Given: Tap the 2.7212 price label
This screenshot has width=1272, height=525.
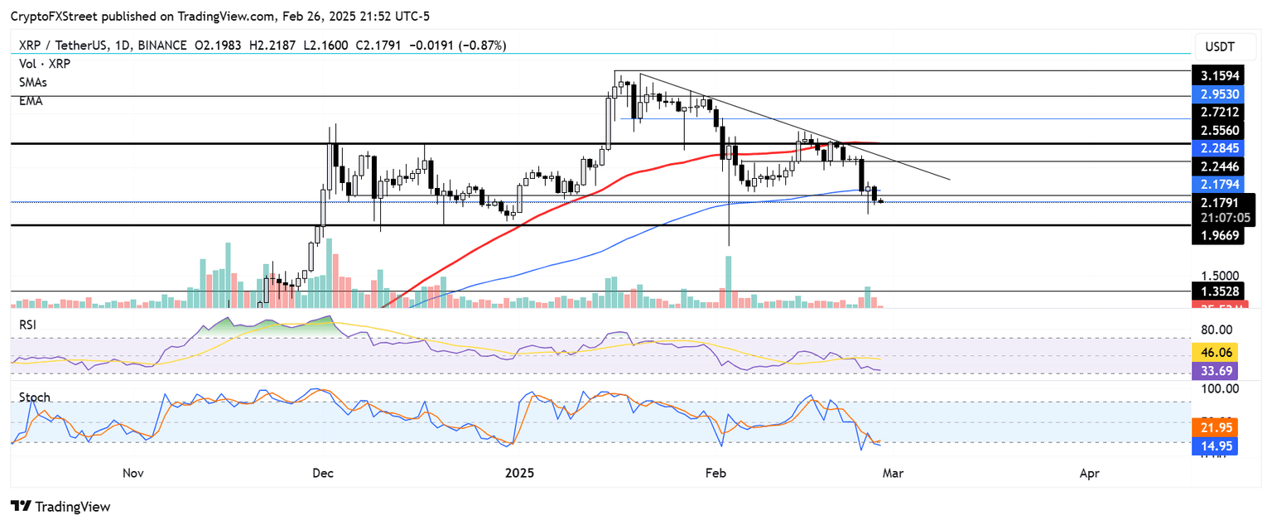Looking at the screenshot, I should (1220, 111).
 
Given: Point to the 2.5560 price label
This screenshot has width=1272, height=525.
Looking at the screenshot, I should (1220, 131).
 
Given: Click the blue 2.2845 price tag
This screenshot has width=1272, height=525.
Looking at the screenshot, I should (1220, 148).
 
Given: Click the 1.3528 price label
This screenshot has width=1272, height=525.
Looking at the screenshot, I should (1220, 291).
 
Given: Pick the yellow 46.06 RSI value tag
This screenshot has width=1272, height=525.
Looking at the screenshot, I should (1214, 352).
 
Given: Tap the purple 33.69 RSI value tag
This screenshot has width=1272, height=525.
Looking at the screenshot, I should (1214, 370).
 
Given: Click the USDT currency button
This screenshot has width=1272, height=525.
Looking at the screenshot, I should (1220, 45).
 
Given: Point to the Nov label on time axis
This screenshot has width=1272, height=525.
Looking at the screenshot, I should (133, 473).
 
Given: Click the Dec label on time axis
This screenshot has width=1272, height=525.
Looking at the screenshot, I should (323, 473).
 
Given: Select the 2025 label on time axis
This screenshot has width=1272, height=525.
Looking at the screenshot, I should (521, 473).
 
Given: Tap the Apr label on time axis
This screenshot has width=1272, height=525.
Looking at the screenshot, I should (1090, 473).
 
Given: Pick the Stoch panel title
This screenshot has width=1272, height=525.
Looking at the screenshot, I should (35, 397).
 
